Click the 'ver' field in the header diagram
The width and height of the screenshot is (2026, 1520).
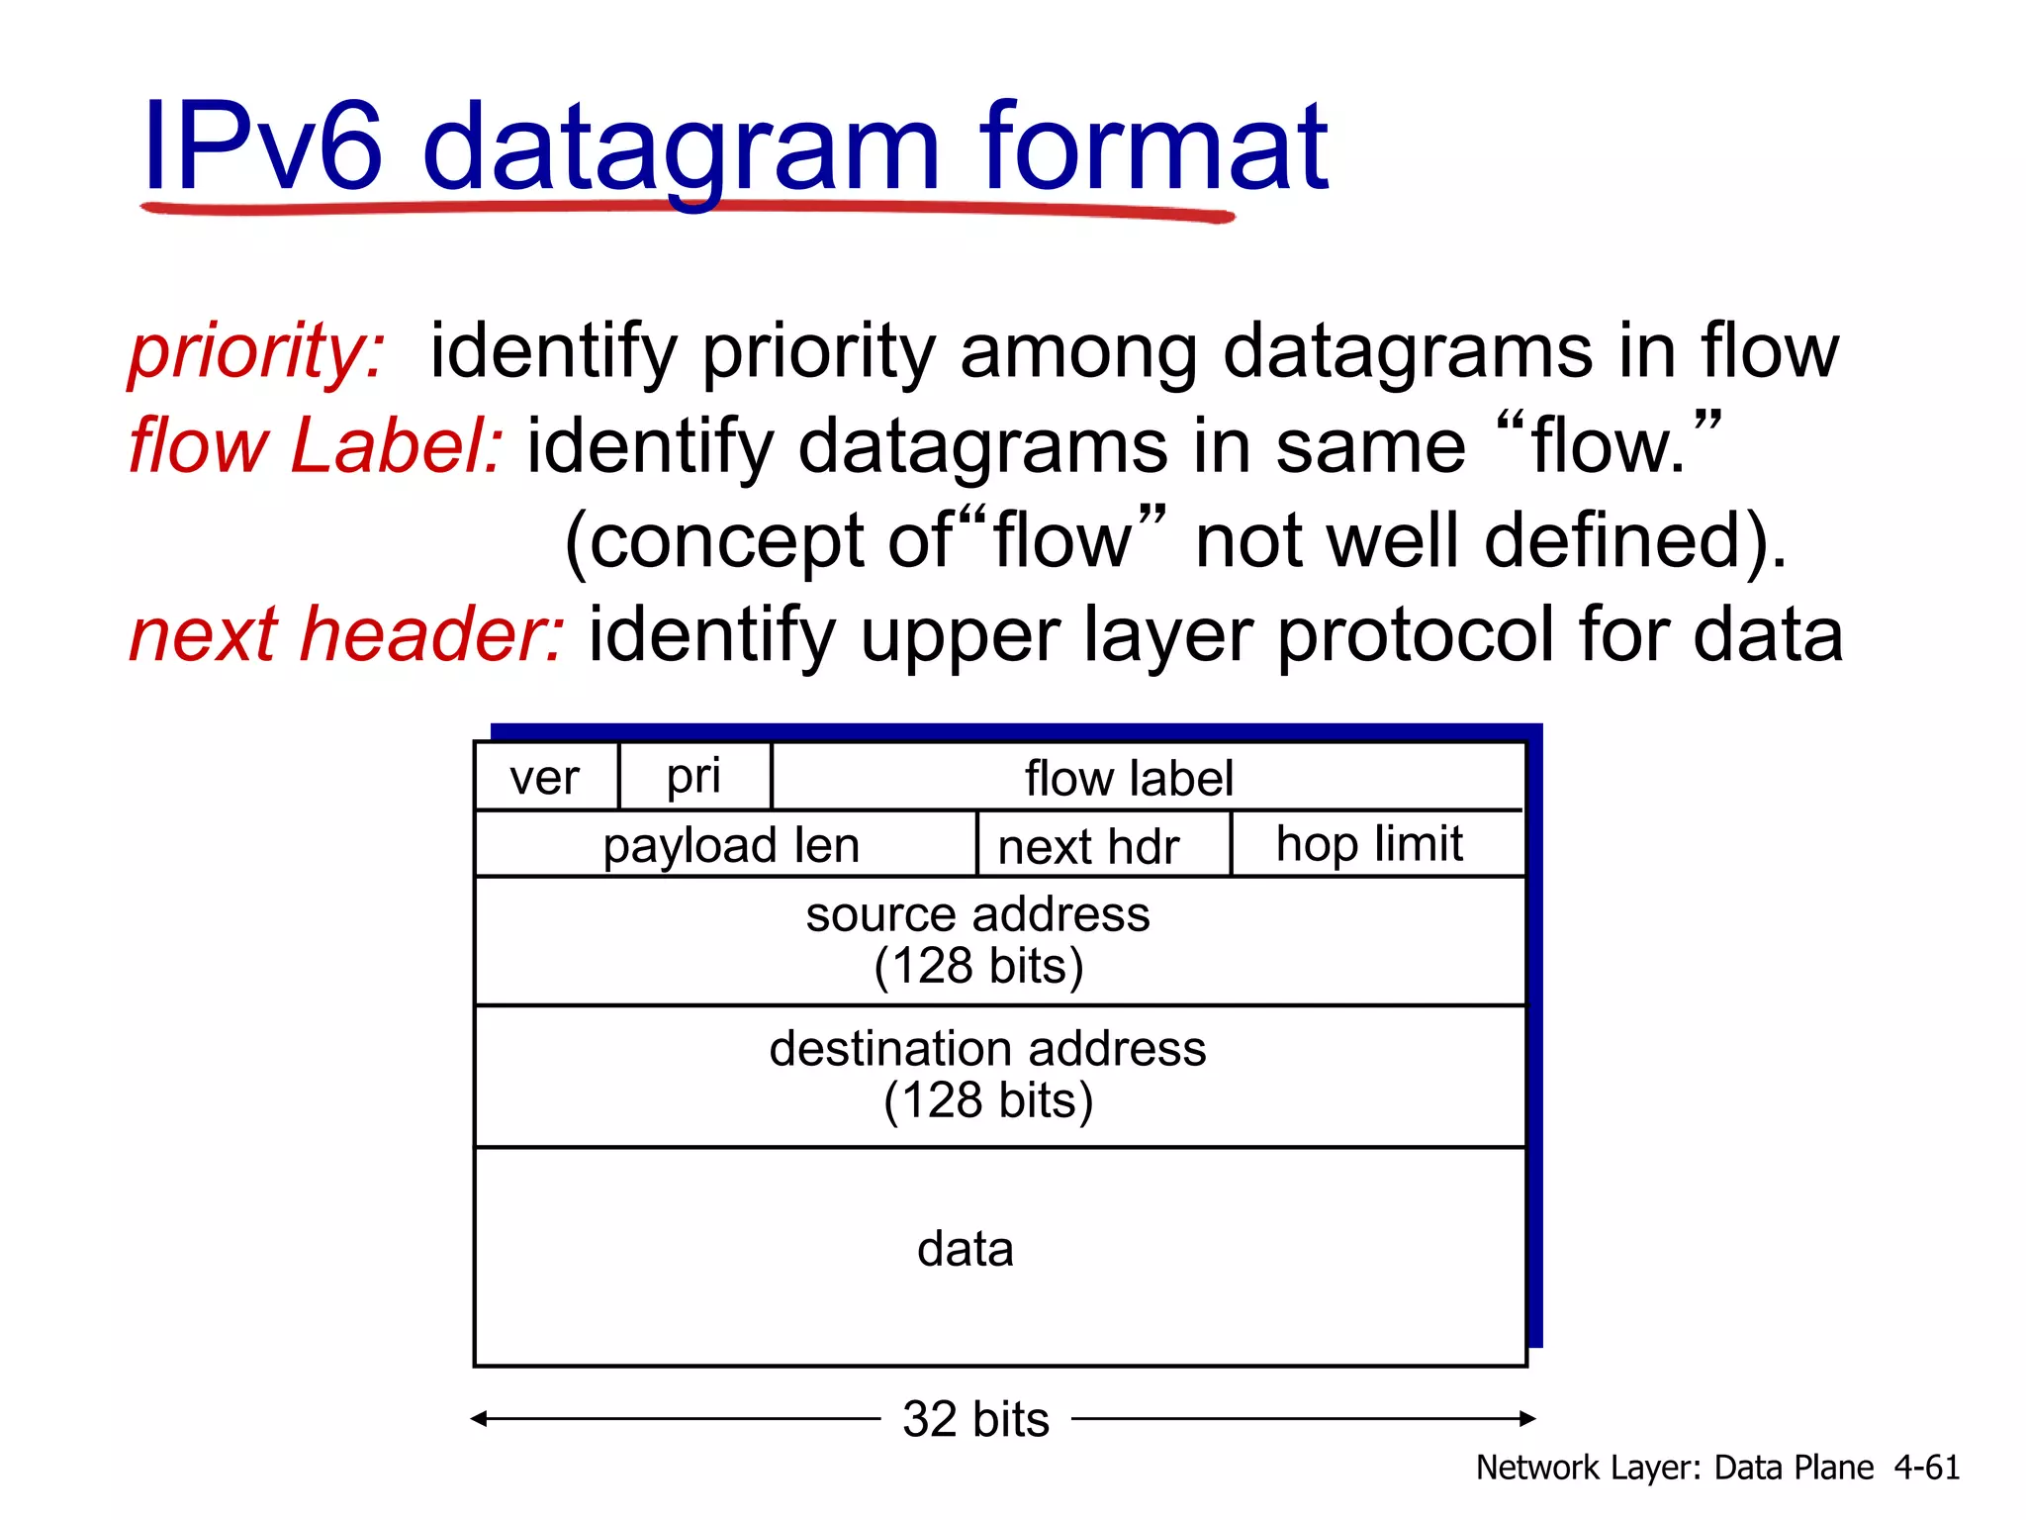point(545,778)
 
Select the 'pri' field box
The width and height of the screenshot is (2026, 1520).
point(693,777)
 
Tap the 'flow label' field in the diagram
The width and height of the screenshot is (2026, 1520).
point(1129,778)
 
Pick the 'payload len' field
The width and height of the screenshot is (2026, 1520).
point(731,846)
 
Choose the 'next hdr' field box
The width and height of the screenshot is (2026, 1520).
point(1089,847)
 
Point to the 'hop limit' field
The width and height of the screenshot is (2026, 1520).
point(1369,844)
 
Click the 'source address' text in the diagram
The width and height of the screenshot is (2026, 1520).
point(977,914)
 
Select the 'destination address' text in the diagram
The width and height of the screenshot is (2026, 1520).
point(987,1049)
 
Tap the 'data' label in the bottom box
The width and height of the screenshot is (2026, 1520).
point(966,1249)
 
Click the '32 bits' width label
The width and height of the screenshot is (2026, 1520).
point(975,1419)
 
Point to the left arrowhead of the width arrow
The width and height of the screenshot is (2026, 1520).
point(479,1419)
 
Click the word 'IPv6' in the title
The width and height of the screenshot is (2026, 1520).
point(262,148)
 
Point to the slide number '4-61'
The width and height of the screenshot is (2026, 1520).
point(1927,1467)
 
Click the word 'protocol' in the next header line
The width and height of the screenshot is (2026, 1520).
point(1416,636)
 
